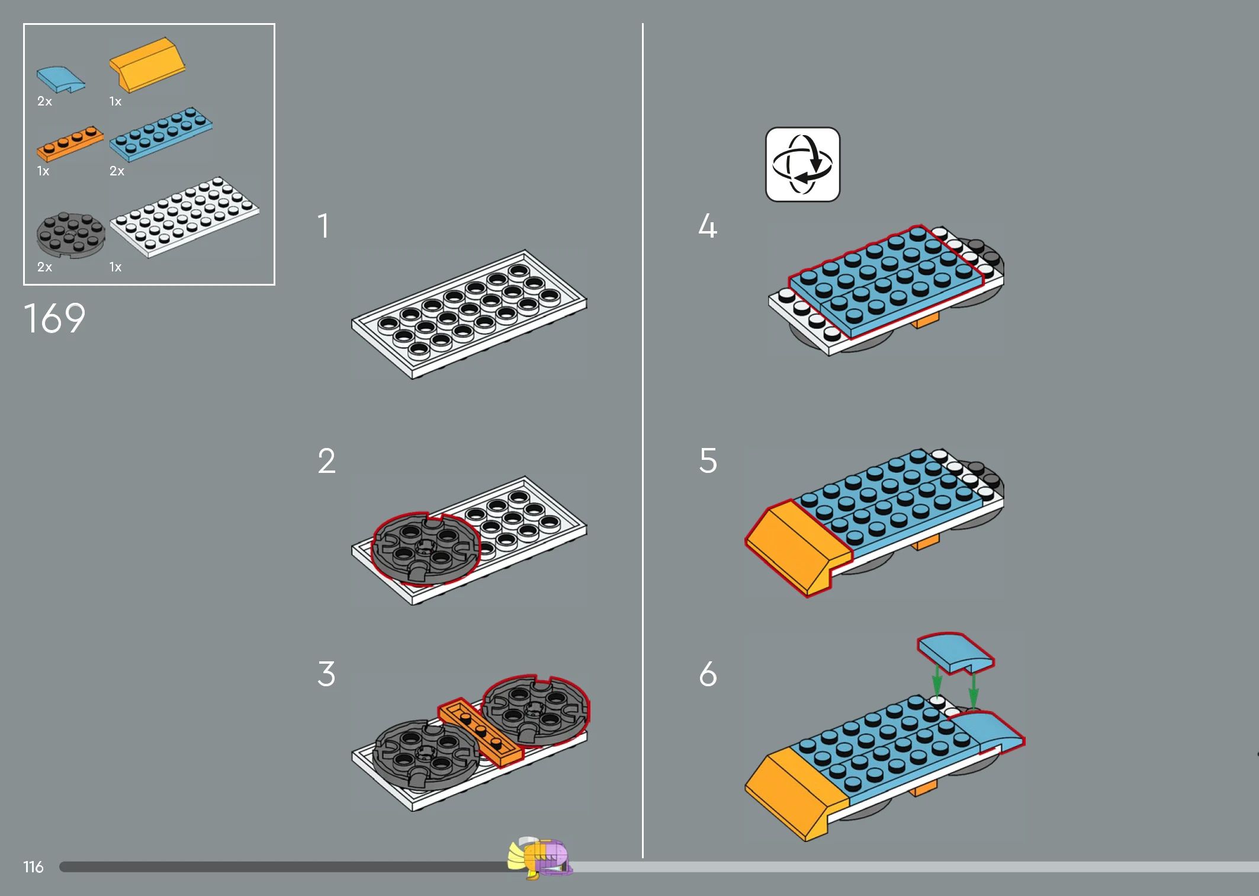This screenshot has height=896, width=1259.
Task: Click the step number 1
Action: pos(323,226)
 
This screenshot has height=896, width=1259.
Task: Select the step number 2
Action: pos(326,460)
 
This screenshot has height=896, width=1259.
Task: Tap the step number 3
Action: pos(326,674)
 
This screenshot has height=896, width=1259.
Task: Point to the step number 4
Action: pos(708,226)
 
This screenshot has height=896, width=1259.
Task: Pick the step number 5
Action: pos(708,460)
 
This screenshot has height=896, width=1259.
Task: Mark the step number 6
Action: pos(708,674)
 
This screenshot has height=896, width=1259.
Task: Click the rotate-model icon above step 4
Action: pos(802,164)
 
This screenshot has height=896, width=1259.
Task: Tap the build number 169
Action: pos(54,318)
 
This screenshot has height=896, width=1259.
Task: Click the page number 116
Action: pos(33,867)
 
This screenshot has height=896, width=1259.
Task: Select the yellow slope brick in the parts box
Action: pos(147,65)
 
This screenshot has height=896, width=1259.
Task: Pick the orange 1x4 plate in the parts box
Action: pos(70,143)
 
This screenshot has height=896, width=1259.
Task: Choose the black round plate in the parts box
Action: pos(71,235)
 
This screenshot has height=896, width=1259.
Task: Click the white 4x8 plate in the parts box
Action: pos(185,216)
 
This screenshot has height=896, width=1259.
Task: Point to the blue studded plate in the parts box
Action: pos(161,134)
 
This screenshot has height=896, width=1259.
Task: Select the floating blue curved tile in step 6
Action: pos(955,653)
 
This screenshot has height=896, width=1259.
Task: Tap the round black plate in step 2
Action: pos(425,549)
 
